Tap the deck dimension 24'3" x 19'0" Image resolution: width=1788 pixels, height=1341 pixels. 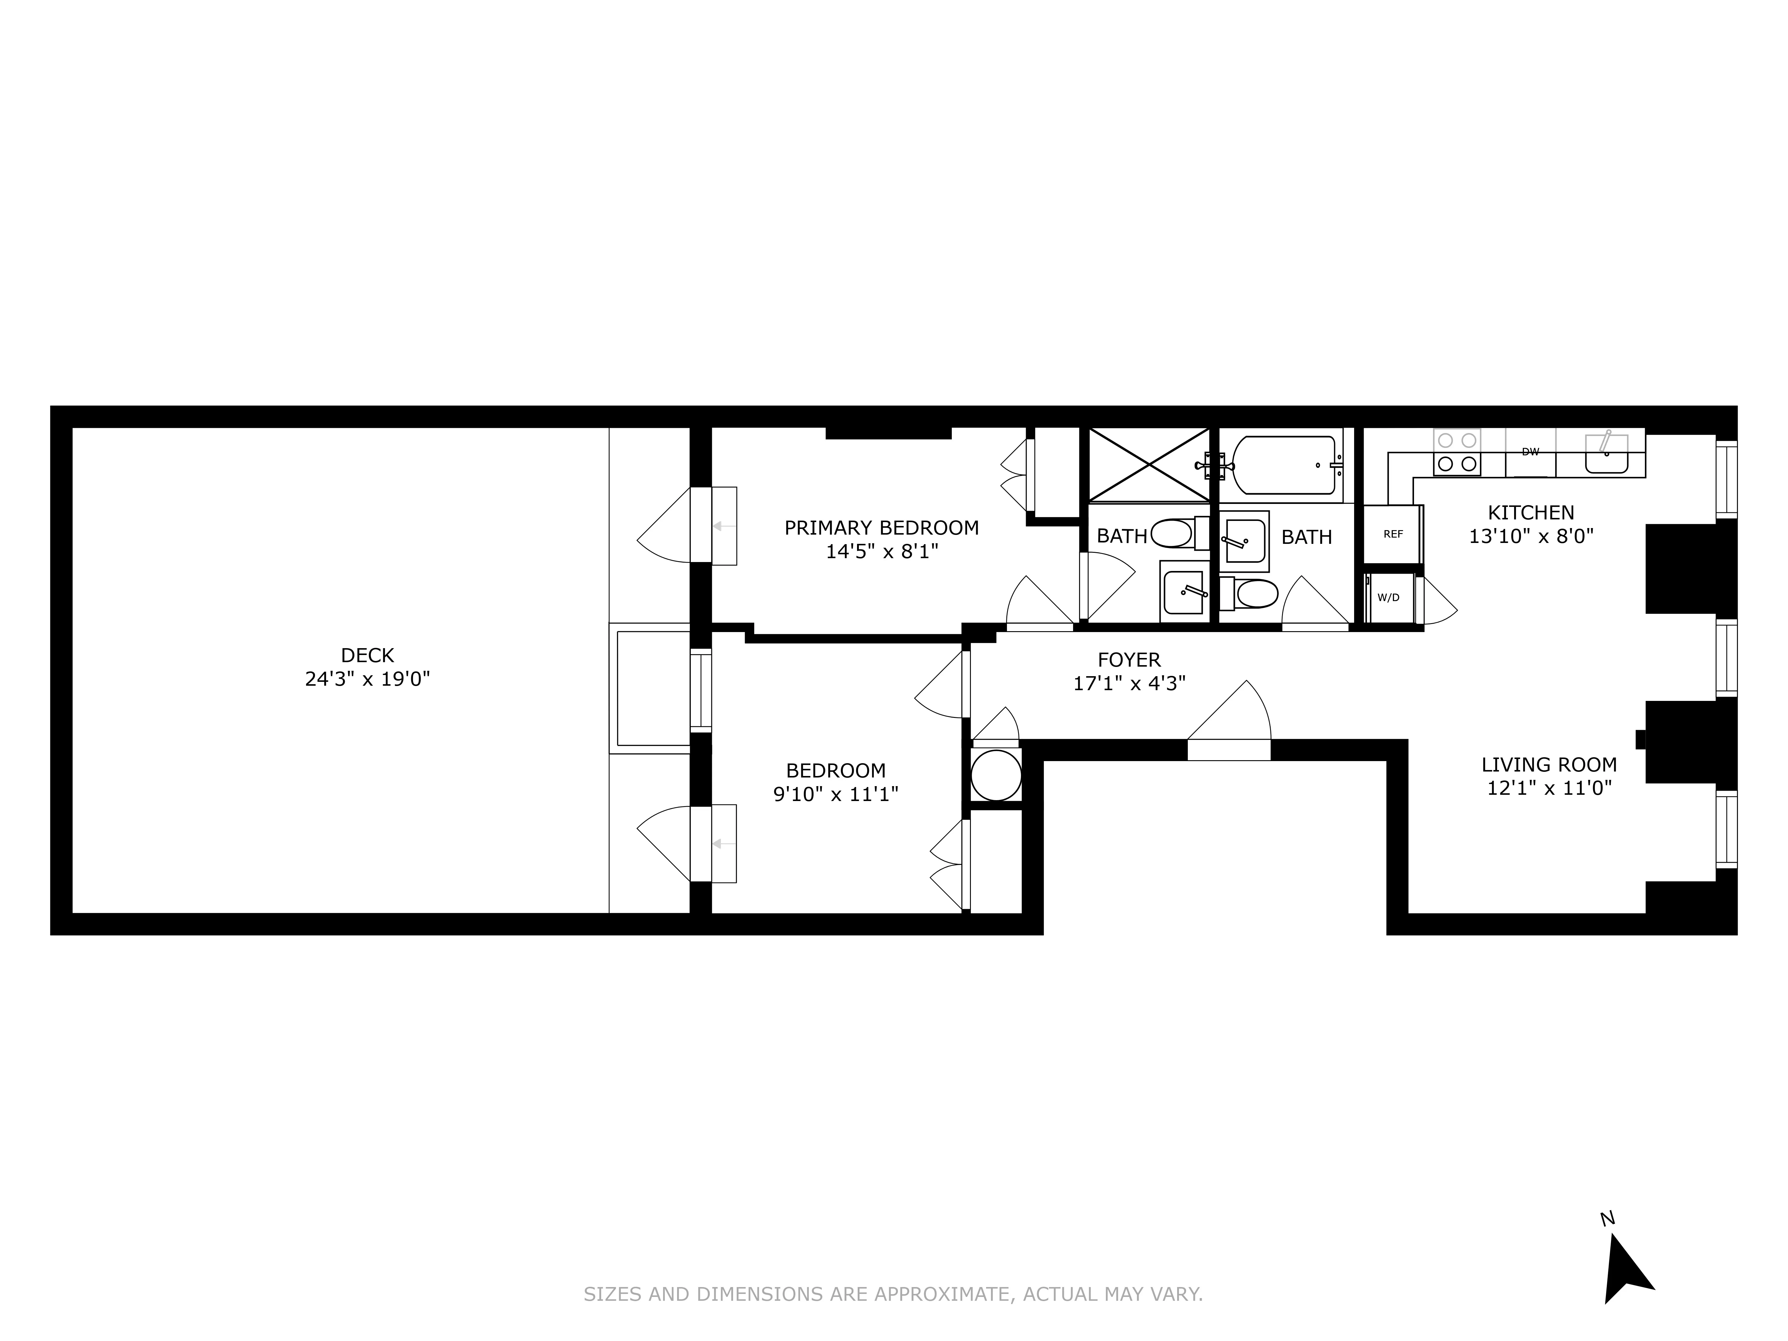pos(367,679)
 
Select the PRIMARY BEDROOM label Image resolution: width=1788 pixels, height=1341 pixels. pos(881,528)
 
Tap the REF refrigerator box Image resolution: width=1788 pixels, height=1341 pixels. pos(1393,534)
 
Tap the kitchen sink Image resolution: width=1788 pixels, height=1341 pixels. pos(1606,454)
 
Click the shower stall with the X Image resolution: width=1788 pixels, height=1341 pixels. pos(1148,465)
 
